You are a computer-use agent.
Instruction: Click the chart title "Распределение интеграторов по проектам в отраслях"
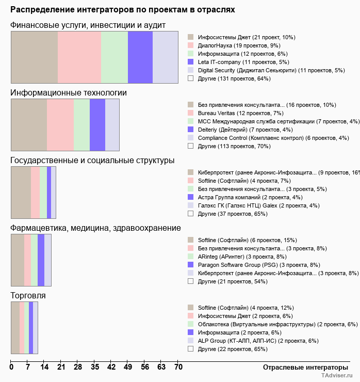(x=122, y=10)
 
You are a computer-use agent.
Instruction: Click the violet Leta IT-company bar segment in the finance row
(x=140, y=57)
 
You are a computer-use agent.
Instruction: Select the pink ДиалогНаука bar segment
(x=79, y=57)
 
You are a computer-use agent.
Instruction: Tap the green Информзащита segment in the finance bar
(x=114, y=57)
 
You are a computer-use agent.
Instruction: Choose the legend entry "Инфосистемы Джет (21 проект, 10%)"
(x=247, y=37)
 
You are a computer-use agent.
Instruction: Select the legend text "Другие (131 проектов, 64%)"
(x=234, y=78)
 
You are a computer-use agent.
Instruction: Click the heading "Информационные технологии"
(x=69, y=93)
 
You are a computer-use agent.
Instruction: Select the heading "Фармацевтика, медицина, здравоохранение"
(x=95, y=228)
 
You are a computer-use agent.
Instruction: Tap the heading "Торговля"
(x=28, y=296)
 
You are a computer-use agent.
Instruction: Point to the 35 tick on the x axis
(x=95, y=368)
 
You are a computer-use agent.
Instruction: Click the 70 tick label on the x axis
(x=178, y=368)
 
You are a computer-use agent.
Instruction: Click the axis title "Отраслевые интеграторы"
(x=302, y=367)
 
